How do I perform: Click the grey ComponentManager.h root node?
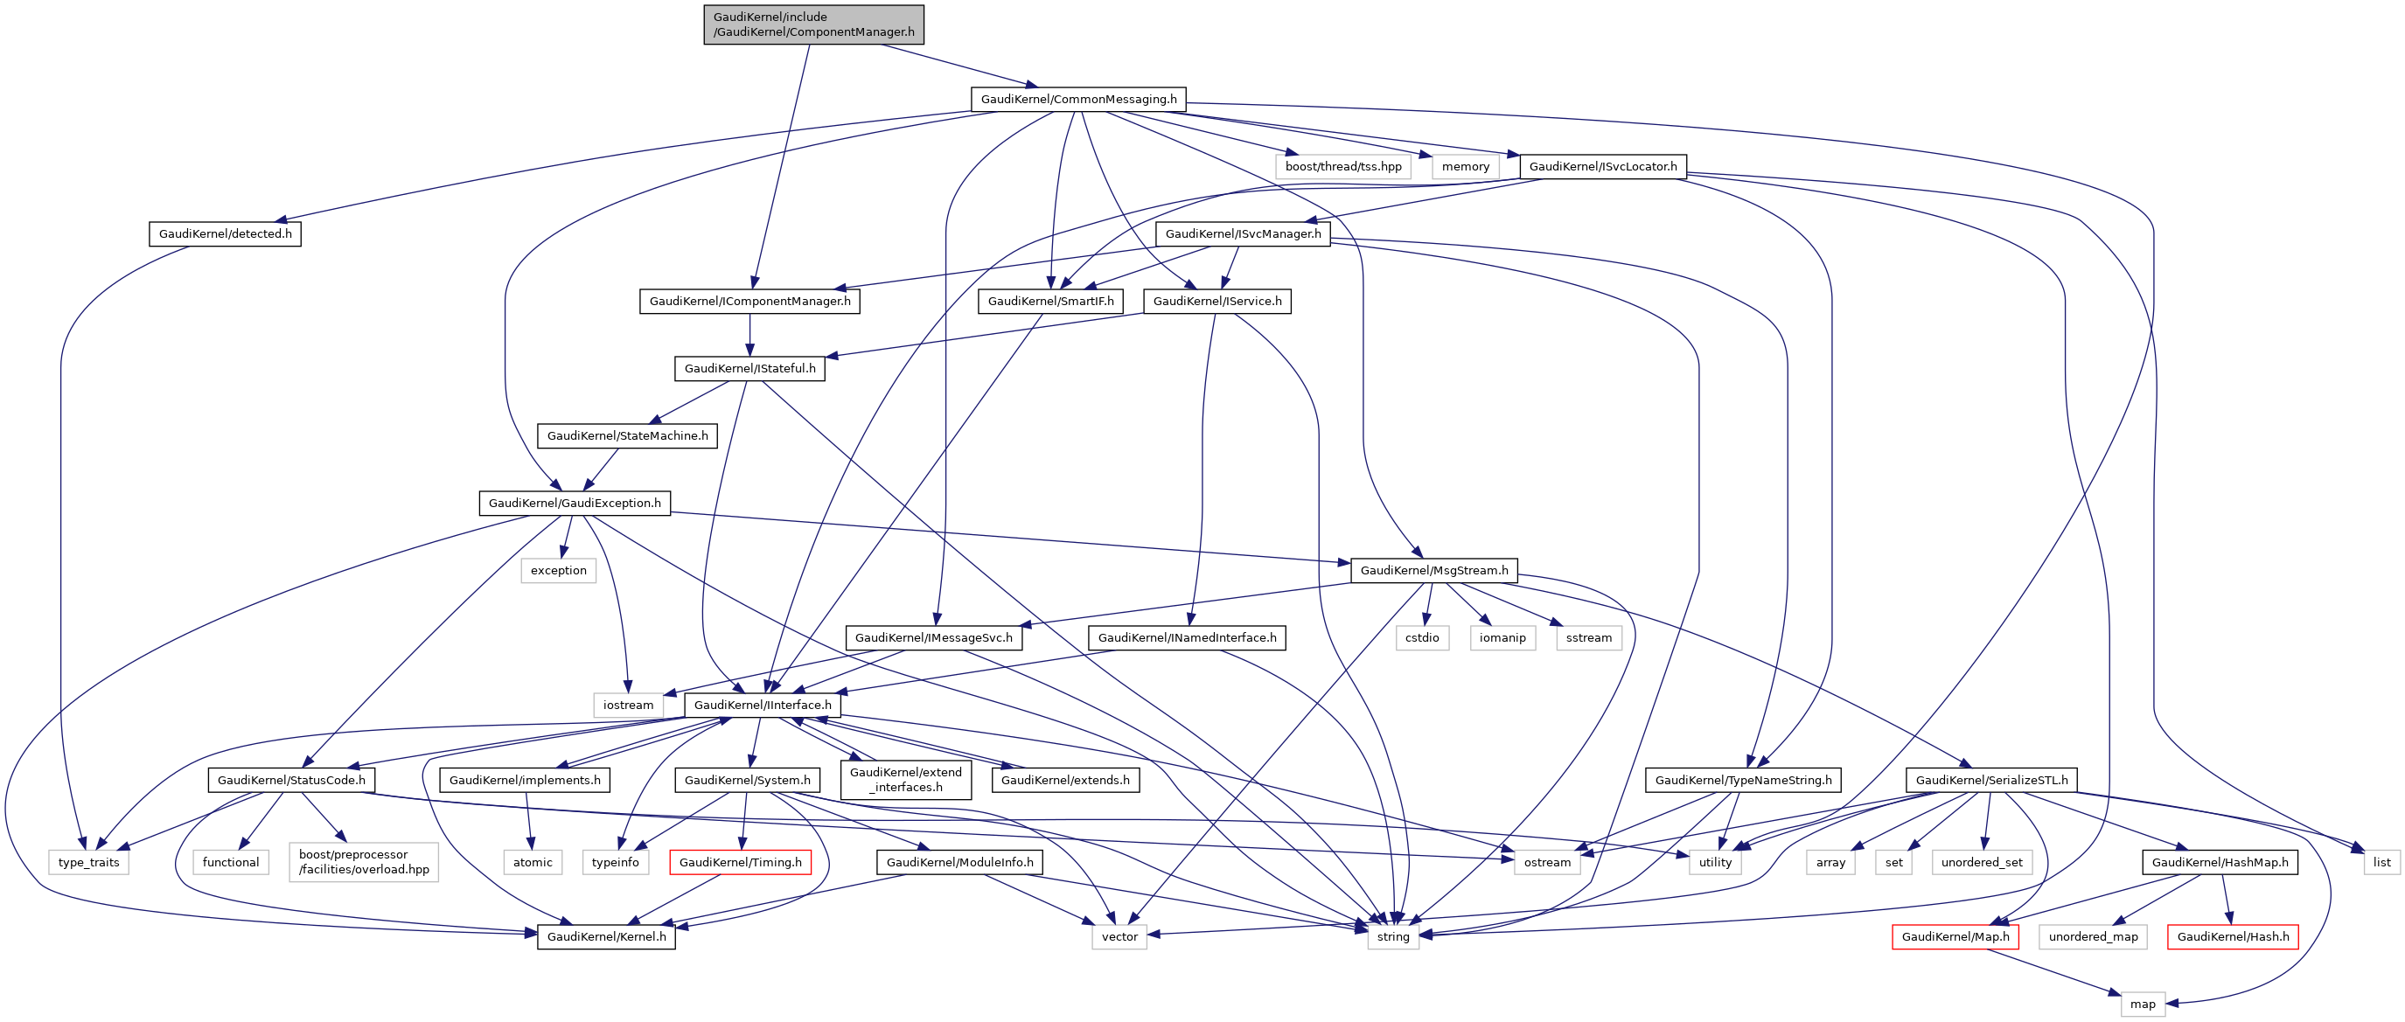point(813,24)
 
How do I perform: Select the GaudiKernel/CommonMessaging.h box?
point(1078,99)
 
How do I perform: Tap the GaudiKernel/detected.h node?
point(225,233)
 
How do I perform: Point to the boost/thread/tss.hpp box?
point(1342,166)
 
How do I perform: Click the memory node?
point(1465,166)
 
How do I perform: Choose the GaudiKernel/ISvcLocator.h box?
point(1602,166)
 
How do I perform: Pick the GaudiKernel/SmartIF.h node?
point(1050,301)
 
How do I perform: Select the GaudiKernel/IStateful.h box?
point(749,368)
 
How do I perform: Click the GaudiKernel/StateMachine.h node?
point(626,435)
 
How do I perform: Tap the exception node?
point(558,570)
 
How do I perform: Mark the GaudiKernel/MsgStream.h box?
point(1433,570)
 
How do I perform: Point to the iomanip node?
point(1502,637)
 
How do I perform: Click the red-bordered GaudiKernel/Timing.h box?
point(739,861)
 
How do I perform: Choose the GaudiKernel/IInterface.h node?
point(762,705)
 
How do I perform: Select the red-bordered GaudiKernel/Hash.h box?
point(2233,936)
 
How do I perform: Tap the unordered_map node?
point(2092,936)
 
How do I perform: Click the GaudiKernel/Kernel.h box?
point(606,936)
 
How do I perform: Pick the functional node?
point(231,861)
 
